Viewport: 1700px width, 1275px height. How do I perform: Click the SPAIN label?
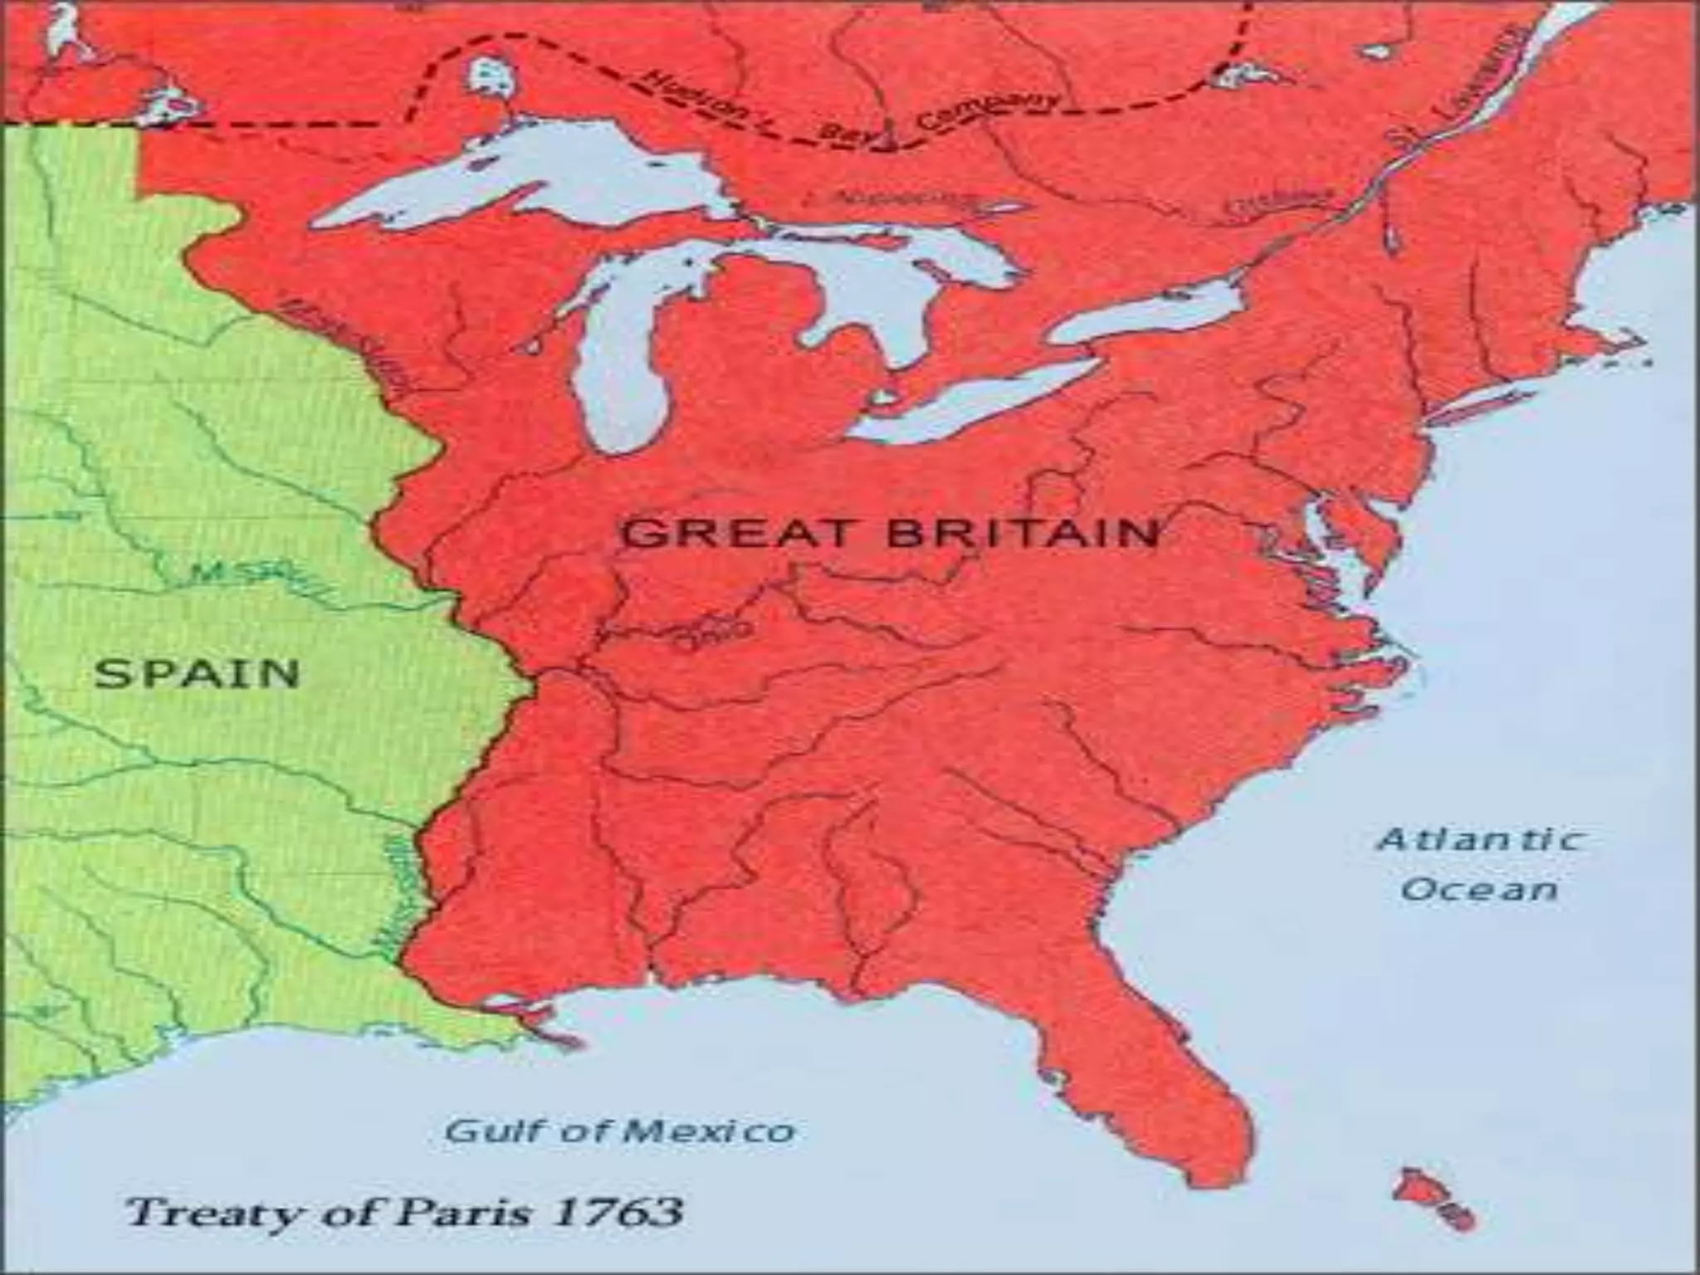point(197,672)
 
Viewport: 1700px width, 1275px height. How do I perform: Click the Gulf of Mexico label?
point(619,1131)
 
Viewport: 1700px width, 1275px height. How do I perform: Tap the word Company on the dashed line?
point(988,112)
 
